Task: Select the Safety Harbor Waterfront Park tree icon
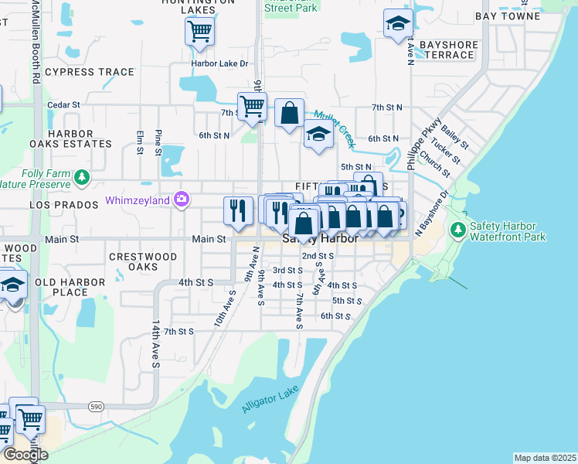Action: tap(458, 230)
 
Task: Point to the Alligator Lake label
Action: tap(270, 401)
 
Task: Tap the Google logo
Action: tap(25, 455)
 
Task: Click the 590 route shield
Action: tap(95, 405)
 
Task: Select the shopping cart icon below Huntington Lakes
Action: tap(199, 32)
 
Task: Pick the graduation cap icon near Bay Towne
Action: tap(398, 23)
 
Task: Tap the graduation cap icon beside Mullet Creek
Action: tap(318, 135)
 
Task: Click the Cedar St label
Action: tap(63, 104)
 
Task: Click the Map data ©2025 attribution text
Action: tap(545, 458)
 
